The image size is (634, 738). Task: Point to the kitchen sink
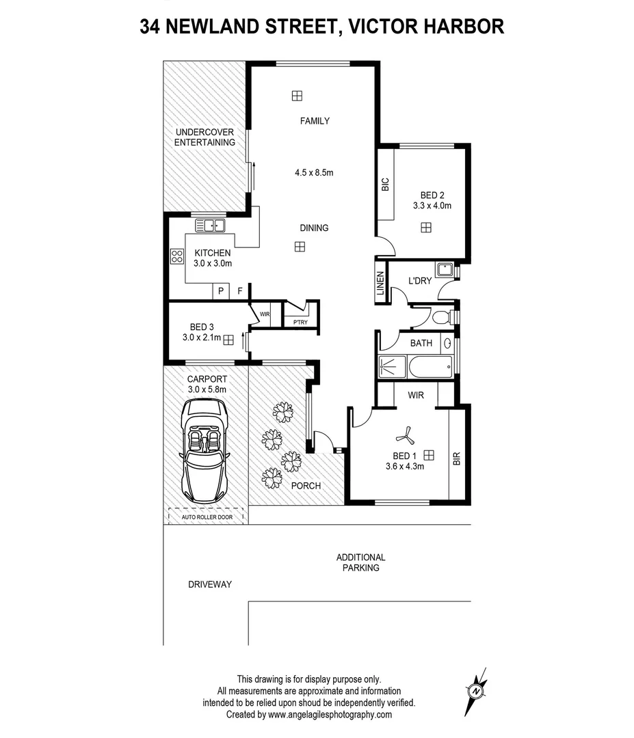(x=211, y=224)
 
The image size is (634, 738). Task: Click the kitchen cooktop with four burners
(x=176, y=256)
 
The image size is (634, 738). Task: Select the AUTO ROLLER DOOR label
(x=207, y=517)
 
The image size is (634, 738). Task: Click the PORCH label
(x=306, y=486)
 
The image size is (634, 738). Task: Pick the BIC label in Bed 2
(x=385, y=184)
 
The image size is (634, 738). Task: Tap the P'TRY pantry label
(x=299, y=321)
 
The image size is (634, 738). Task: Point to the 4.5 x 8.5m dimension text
(x=314, y=173)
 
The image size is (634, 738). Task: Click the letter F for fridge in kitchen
(x=240, y=291)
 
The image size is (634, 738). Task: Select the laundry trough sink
(x=445, y=269)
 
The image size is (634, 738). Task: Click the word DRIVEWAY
(x=210, y=584)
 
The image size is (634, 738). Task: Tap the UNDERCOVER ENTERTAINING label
(x=204, y=137)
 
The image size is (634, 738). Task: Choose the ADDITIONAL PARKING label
(x=361, y=562)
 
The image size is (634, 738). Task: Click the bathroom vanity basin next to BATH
(x=449, y=343)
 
